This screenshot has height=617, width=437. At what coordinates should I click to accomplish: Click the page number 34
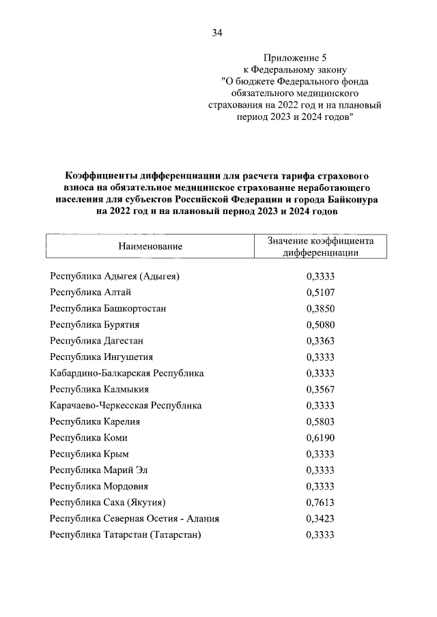pos(218,32)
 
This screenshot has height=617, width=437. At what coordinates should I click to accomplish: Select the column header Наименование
pos(150,245)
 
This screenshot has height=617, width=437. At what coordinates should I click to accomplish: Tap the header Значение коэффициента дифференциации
pos(320,245)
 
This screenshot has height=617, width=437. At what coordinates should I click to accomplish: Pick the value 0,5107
pos(320,292)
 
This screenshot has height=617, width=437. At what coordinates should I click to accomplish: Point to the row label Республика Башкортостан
pos(108,308)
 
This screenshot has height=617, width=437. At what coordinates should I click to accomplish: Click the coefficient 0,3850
pos(320,308)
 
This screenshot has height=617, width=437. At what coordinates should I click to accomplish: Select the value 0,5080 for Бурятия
pos(320,325)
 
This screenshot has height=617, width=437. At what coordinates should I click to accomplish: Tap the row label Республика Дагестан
pos(96,341)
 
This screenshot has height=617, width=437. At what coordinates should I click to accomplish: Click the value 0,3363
pos(320,341)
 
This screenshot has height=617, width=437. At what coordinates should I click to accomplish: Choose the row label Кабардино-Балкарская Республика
pos(127,373)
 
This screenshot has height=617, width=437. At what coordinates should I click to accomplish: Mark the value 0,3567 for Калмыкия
pos(320,389)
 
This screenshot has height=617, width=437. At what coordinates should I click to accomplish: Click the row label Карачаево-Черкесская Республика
pos(126,406)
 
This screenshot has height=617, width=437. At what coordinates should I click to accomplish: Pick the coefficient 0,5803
pos(320,422)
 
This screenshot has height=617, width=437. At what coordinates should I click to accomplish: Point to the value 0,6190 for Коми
pos(320,438)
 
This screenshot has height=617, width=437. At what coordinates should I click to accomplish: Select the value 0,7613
pos(320,502)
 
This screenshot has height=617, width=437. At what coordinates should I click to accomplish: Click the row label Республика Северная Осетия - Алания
pos(135,519)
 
